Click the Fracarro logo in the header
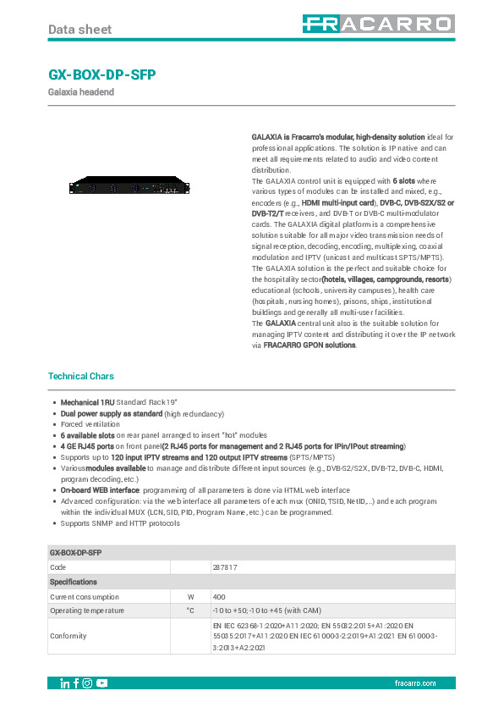[379, 25]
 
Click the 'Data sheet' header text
[79, 30]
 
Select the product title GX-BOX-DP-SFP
[102, 75]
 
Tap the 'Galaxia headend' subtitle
[81, 91]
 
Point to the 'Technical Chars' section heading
[81, 376]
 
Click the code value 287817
[225, 567]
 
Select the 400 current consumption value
[219, 597]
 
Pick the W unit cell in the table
[190, 597]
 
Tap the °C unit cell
[190, 611]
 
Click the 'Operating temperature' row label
[87, 611]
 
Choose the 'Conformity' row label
[68, 635]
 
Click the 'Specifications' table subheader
[74, 582]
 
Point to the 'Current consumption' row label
[85, 597]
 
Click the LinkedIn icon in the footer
[65, 683]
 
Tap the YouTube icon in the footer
[101, 683]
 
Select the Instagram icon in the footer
[87, 683]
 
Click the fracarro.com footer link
[415, 683]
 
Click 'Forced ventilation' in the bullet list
[90, 424]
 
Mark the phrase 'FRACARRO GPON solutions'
[286, 345]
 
